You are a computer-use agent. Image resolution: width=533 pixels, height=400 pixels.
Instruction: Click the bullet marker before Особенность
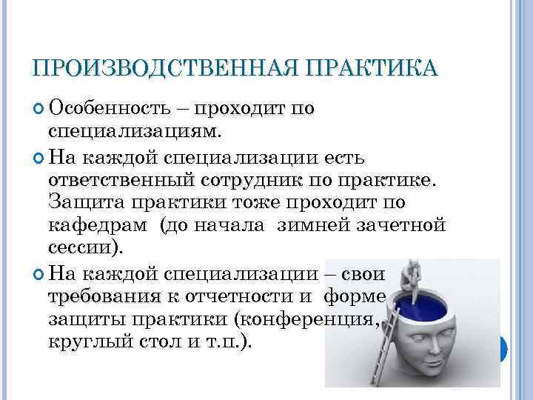coord(39,109)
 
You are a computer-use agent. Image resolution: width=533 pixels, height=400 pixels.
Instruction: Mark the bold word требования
coord(104,297)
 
